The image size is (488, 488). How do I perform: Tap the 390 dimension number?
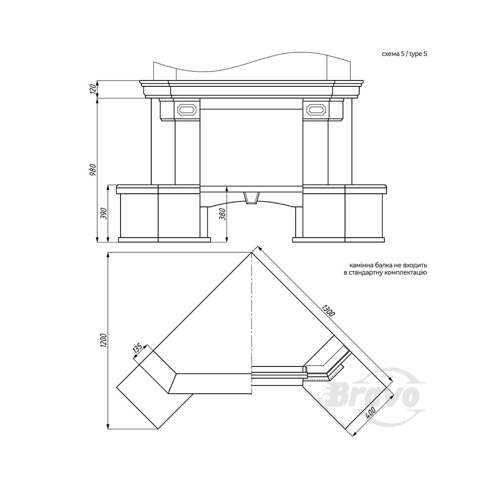pos(104,214)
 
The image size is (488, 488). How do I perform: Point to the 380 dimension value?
pos(222,214)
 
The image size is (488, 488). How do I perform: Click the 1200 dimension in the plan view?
pos(104,341)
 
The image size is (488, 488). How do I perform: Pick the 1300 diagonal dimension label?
pos(328,311)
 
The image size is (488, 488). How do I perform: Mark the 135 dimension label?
pos(137,348)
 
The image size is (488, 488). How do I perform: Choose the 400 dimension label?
pos(370,414)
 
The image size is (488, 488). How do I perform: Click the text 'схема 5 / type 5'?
pos(404,54)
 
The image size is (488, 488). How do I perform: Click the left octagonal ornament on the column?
pos(186,109)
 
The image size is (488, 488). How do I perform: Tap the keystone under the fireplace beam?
pos(251,198)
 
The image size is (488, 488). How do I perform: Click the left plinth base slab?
pos(164,240)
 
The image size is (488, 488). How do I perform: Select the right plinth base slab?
pos(339,240)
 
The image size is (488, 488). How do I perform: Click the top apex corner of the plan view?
pos(251,253)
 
